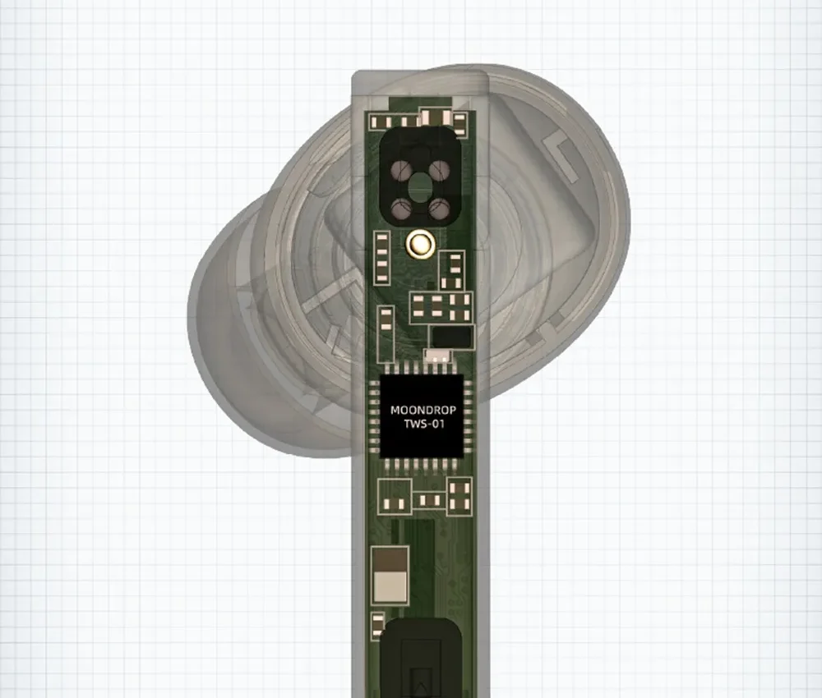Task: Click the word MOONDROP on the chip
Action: coord(423,410)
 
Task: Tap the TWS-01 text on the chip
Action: coord(423,424)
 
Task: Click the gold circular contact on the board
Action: coord(420,243)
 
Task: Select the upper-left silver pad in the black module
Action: coord(403,169)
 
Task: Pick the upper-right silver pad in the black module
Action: coord(439,169)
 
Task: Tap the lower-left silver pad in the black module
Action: coord(402,209)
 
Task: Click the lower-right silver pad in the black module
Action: coord(439,209)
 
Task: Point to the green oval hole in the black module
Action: coord(420,189)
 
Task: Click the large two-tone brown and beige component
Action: coord(390,575)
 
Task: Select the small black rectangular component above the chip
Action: coord(452,338)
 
